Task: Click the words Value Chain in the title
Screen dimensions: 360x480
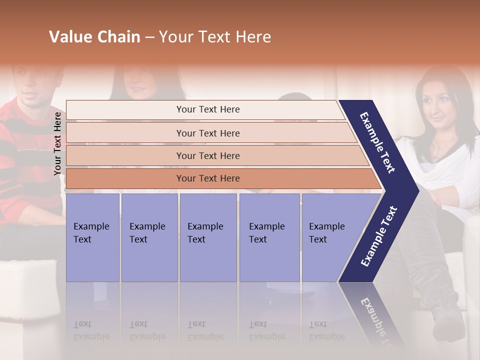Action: click(x=94, y=37)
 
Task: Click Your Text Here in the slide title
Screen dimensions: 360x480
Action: click(x=215, y=37)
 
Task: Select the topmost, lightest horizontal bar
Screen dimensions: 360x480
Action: click(x=207, y=109)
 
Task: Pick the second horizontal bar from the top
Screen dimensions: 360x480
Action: click(x=207, y=133)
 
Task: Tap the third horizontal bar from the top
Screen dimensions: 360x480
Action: click(x=207, y=155)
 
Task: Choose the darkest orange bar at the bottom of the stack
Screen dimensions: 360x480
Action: click(x=207, y=178)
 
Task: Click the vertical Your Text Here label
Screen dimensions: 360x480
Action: click(x=57, y=143)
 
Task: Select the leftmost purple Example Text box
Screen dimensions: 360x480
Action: click(x=92, y=237)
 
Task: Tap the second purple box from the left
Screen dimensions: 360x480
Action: click(x=149, y=237)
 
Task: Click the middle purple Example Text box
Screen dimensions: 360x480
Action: click(x=208, y=237)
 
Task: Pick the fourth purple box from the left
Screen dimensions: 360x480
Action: click(x=269, y=237)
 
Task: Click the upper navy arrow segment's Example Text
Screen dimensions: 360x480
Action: click(x=377, y=142)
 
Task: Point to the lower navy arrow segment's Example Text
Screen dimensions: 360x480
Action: click(x=379, y=236)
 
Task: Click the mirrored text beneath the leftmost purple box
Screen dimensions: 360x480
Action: click(x=91, y=330)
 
